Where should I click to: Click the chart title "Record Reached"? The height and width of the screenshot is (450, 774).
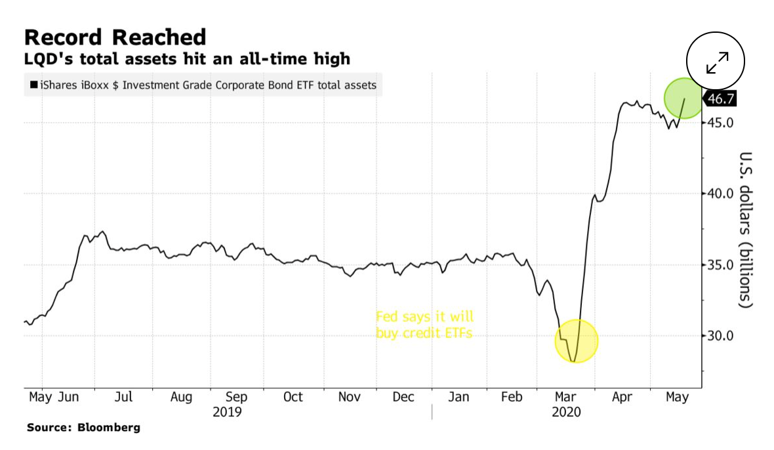(115, 37)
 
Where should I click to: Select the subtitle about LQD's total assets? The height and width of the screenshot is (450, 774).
(187, 60)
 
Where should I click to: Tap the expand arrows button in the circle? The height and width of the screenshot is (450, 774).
(717, 62)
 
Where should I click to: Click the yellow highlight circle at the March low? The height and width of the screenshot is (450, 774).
(576, 341)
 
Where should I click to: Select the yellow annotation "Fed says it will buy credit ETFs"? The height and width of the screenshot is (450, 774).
(424, 325)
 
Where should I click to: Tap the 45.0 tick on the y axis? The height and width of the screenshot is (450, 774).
(720, 123)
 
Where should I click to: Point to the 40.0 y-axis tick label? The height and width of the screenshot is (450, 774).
(720, 194)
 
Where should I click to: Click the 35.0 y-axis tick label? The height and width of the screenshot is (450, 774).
(720, 265)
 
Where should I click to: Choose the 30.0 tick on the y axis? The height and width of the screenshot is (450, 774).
(720, 336)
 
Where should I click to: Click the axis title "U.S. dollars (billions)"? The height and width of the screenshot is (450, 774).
(746, 230)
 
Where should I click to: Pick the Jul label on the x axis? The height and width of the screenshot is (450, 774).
(123, 397)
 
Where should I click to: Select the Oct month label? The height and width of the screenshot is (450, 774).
(293, 397)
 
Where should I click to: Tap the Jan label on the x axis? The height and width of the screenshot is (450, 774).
(458, 397)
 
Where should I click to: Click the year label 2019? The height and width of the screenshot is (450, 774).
(227, 413)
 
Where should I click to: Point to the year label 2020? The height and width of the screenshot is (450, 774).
(567, 413)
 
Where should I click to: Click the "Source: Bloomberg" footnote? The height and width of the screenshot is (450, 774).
(83, 428)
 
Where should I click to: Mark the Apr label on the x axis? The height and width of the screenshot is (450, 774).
(621, 397)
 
